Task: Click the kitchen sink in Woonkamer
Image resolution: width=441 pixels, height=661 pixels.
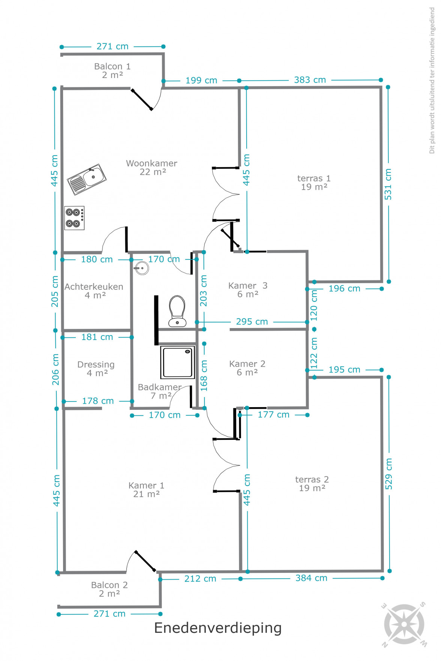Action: pyautogui.click(x=87, y=179)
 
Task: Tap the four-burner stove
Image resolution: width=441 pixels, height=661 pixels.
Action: pyautogui.click(x=74, y=218)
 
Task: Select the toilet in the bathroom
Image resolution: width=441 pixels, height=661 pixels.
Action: pyautogui.click(x=177, y=311)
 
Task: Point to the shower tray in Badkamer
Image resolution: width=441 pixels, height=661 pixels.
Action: pyautogui.click(x=178, y=362)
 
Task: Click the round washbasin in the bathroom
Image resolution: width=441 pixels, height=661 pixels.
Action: pyautogui.click(x=142, y=268)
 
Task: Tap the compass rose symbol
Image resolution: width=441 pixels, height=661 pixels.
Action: pyautogui.click(x=404, y=624)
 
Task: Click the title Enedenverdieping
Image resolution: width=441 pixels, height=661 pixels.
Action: pyautogui.click(x=218, y=628)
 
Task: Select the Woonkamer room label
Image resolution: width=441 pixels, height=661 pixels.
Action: pyautogui.click(x=152, y=163)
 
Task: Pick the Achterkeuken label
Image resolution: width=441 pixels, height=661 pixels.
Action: pyautogui.click(x=94, y=287)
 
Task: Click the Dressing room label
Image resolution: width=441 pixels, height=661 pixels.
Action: pyautogui.click(x=96, y=365)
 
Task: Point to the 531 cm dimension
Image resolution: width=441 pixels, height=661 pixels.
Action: pyautogui.click(x=388, y=184)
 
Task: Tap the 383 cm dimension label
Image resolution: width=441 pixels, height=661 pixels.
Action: pyautogui.click(x=310, y=80)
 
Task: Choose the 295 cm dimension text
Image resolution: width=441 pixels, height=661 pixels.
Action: pyautogui.click(x=252, y=322)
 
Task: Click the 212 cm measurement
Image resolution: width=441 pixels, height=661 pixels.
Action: pyautogui.click(x=200, y=579)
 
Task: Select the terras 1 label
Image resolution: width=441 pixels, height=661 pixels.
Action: pyautogui.click(x=314, y=178)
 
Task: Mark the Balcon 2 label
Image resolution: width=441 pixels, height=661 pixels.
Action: pyautogui.click(x=109, y=585)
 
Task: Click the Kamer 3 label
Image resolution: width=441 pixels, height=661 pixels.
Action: pyautogui.click(x=248, y=286)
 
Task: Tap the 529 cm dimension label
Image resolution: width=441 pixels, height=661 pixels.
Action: pyautogui.click(x=389, y=474)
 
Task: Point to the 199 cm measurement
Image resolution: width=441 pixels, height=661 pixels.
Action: pyautogui.click(x=201, y=81)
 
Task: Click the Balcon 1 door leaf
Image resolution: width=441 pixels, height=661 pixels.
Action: pyautogui.click(x=142, y=99)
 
